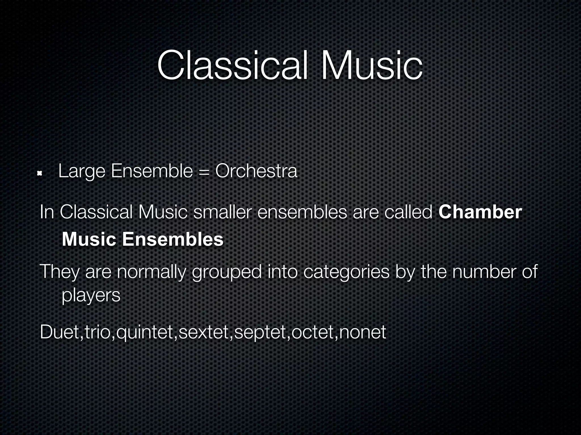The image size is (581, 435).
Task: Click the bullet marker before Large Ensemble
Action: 40,173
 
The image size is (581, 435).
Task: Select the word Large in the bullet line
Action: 82,172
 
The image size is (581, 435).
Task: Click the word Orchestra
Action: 256,171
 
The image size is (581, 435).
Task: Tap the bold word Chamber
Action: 480,212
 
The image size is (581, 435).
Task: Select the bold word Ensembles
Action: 173,239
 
